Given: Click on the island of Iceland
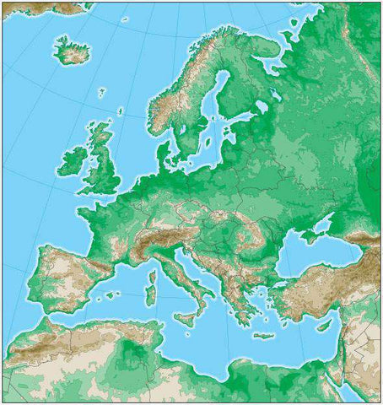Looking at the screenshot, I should click(x=73, y=50).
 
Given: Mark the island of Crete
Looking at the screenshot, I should click(x=264, y=336).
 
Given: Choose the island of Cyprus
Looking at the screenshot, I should click(x=324, y=325).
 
